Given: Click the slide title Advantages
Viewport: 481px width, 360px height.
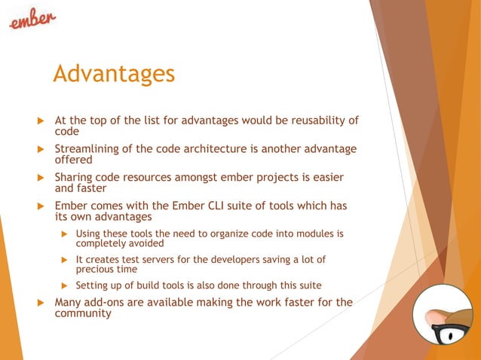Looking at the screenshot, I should click(114, 74).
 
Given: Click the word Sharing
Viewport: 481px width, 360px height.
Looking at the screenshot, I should click(76, 177).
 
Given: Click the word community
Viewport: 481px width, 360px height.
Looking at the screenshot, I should click(83, 313).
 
